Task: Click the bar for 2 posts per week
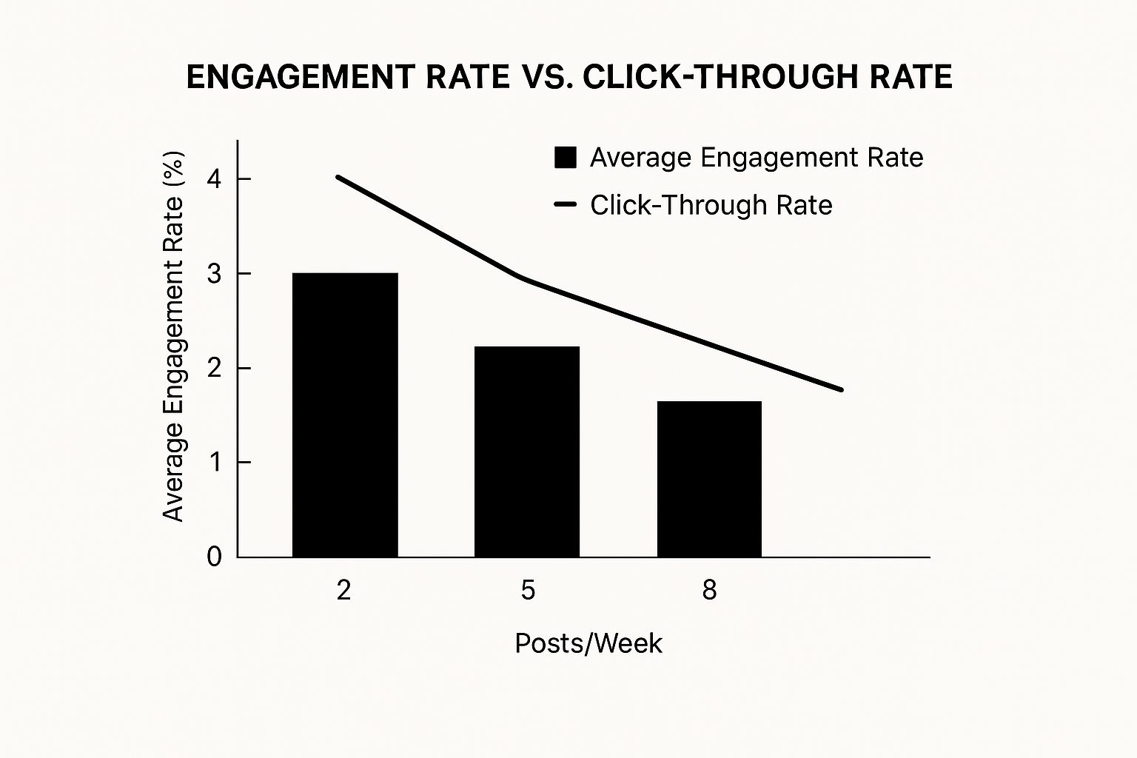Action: tap(345, 415)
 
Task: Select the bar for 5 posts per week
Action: tap(527, 452)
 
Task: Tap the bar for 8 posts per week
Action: tap(709, 479)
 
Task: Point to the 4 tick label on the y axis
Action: tap(215, 179)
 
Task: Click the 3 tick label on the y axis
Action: tap(215, 274)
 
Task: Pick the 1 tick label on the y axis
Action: tap(215, 463)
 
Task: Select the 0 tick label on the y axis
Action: tap(215, 557)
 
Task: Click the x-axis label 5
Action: tap(527, 590)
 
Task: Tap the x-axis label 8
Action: tap(709, 590)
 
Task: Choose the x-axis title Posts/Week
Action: tap(588, 643)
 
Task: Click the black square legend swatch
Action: tap(566, 158)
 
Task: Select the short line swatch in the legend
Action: tap(566, 205)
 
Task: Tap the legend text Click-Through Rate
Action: tap(711, 205)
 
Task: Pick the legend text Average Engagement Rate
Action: tap(756, 158)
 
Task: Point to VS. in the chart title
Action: tap(543, 77)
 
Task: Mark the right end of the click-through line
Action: tap(842, 389)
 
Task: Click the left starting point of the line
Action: tap(338, 177)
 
